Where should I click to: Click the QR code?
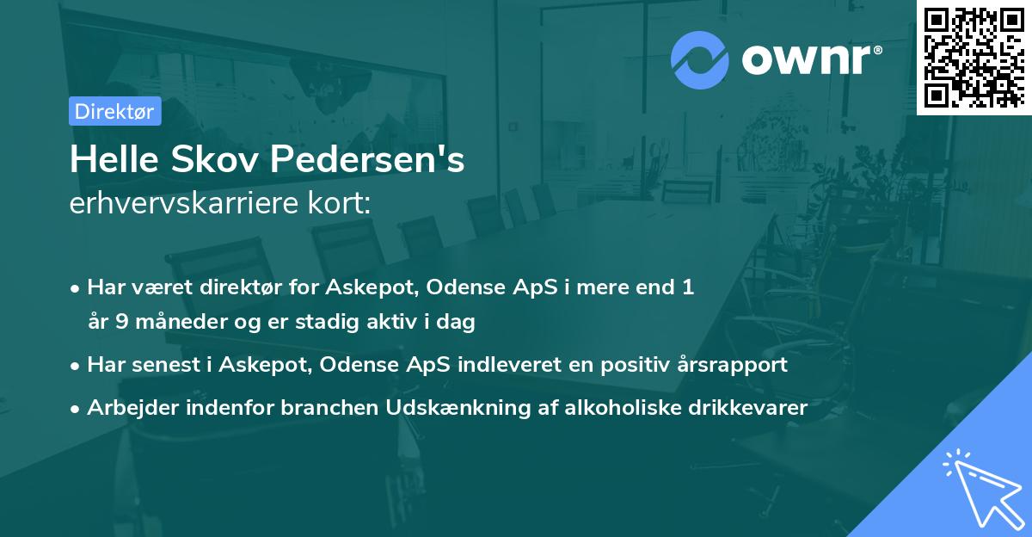(x=974, y=57)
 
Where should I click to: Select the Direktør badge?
(x=114, y=111)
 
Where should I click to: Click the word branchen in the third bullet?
(x=322, y=407)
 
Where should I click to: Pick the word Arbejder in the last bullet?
(x=128, y=407)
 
